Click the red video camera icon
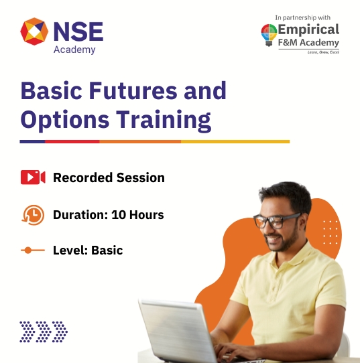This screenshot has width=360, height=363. [32, 177]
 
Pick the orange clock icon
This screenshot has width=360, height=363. [32, 214]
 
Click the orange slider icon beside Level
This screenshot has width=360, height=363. [32, 250]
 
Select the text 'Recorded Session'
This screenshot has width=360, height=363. [109, 177]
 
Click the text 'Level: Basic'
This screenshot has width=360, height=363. [88, 250]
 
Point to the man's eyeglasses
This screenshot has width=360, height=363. [277, 221]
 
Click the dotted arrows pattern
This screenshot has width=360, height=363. [44, 330]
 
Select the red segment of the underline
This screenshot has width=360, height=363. [72, 142]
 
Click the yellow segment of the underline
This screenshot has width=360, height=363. [235, 142]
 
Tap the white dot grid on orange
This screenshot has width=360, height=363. [331, 232]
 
